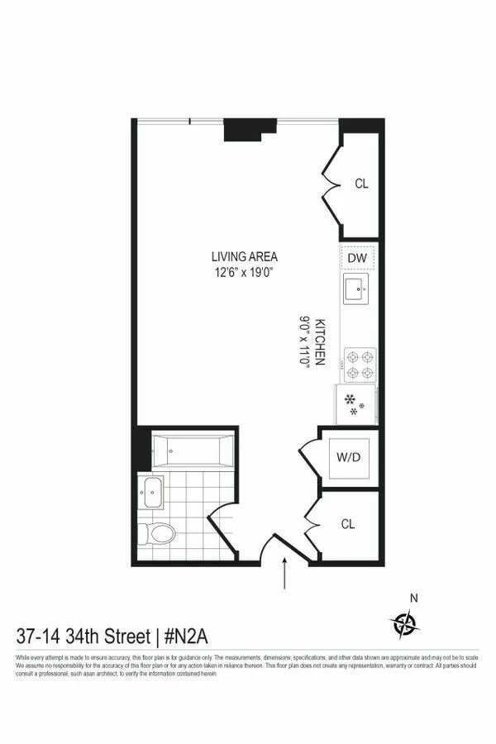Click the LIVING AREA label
point(244,256)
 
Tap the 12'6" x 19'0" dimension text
point(244,272)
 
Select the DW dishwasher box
point(357,259)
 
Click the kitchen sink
point(357,289)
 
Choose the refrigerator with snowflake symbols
point(356,405)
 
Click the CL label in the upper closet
point(361,184)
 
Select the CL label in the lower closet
point(350,523)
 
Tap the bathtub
point(193,451)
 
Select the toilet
point(157,533)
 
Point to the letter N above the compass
point(415,598)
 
